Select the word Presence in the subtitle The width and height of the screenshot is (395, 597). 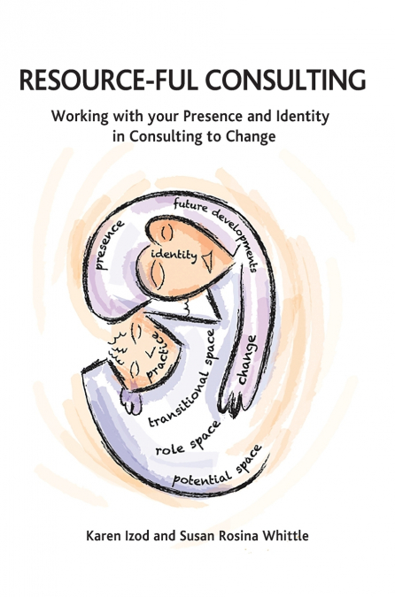213,116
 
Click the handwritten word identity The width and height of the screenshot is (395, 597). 174,255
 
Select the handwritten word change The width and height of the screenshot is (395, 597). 247,359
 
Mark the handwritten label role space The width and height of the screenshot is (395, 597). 188,439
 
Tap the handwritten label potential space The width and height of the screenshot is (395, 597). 218,466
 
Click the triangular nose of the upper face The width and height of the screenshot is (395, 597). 208,261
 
